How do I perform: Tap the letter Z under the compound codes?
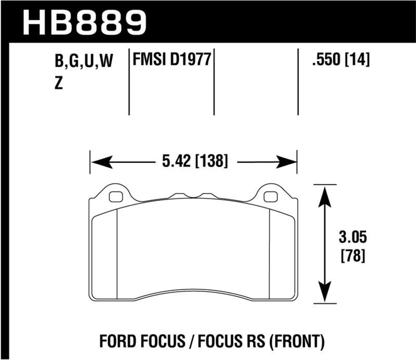(x=59, y=84)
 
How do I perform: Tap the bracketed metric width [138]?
(x=212, y=162)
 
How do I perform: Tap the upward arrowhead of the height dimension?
(x=325, y=194)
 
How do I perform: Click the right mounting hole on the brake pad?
(x=270, y=197)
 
